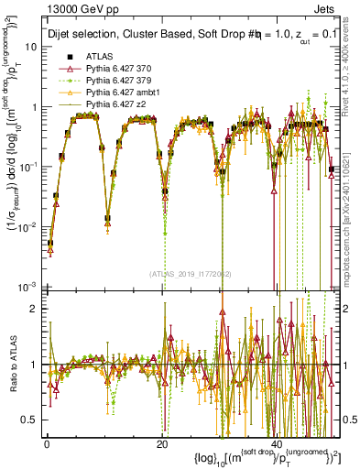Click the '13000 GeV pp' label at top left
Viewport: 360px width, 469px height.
pyautogui.click(x=45, y=9)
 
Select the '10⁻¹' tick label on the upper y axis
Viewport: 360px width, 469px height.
pyautogui.click(x=28, y=166)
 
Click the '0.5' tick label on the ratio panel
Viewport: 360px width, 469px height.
pyautogui.click(x=29, y=420)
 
